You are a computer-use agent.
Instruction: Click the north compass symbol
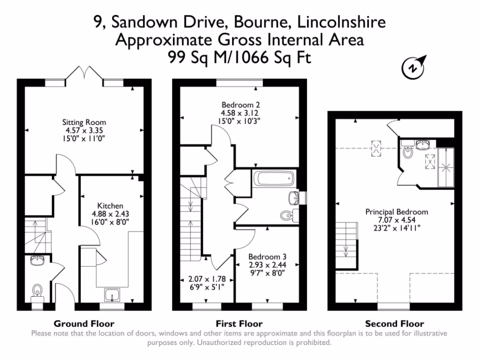coord(413,67)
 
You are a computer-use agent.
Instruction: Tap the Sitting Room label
coord(84,123)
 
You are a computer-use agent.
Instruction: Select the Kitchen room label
coord(110,206)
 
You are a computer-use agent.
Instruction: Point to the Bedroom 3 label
coord(267,257)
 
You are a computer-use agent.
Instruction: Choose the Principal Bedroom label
coord(397,212)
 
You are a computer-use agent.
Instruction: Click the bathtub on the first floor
coord(273,179)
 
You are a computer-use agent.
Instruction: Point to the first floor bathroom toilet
coord(286,216)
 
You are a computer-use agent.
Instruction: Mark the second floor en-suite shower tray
coord(446,167)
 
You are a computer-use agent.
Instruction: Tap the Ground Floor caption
coord(84,323)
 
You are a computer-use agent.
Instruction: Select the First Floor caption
coord(239,323)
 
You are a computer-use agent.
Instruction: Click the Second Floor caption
coord(394,323)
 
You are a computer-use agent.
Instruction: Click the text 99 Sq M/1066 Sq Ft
coord(240,57)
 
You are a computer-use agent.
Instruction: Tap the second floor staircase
coord(346,239)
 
